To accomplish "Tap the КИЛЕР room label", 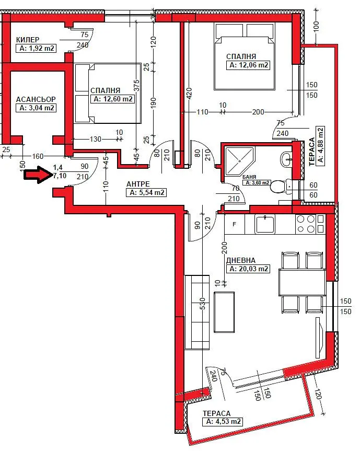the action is [28, 40].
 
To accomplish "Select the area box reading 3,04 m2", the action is [36, 108].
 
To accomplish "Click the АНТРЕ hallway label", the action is [138, 184].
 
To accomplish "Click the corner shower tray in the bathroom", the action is [239, 161].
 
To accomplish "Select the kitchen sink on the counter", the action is [265, 224].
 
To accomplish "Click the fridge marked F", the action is [235, 224].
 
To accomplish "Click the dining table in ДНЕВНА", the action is [302, 282].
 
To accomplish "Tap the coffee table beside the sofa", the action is [224, 312].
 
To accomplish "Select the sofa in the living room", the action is [197, 312].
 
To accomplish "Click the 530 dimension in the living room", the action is [202, 304].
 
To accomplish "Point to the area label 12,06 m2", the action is [249, 65].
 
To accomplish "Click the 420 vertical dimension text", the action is [189, 94].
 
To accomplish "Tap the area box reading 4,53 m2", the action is [224, 422].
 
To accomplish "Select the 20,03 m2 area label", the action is [249, 269].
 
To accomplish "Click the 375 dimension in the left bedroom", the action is [136, 85].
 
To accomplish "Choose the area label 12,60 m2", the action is [113, 99].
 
